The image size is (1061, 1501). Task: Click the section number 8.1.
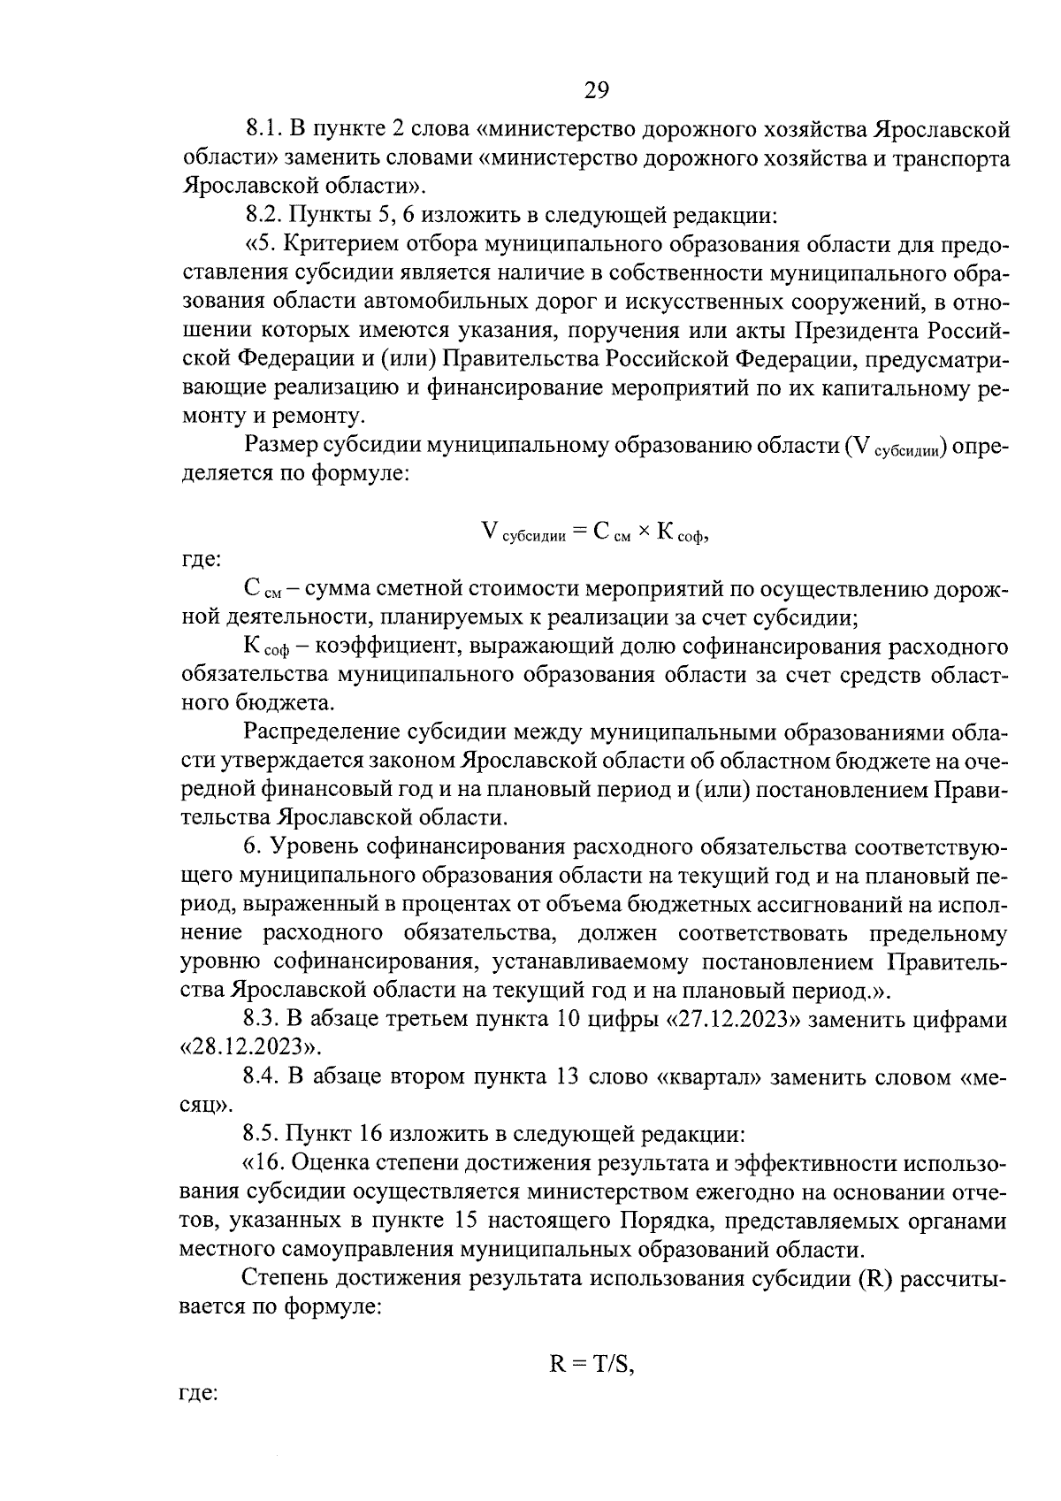point(263,130)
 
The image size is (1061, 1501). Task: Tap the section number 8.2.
point(263,215)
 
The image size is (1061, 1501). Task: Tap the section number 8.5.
point(263,1133)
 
